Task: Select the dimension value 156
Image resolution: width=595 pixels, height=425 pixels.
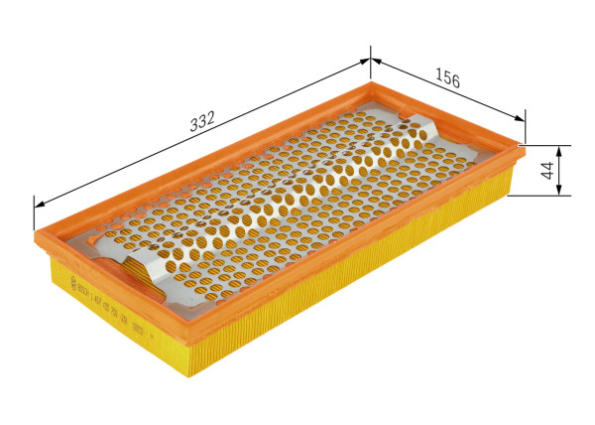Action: [448, 80]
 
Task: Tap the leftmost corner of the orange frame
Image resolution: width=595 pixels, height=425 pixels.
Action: [37, 238]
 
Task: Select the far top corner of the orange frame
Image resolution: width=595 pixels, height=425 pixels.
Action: [368, 85]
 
